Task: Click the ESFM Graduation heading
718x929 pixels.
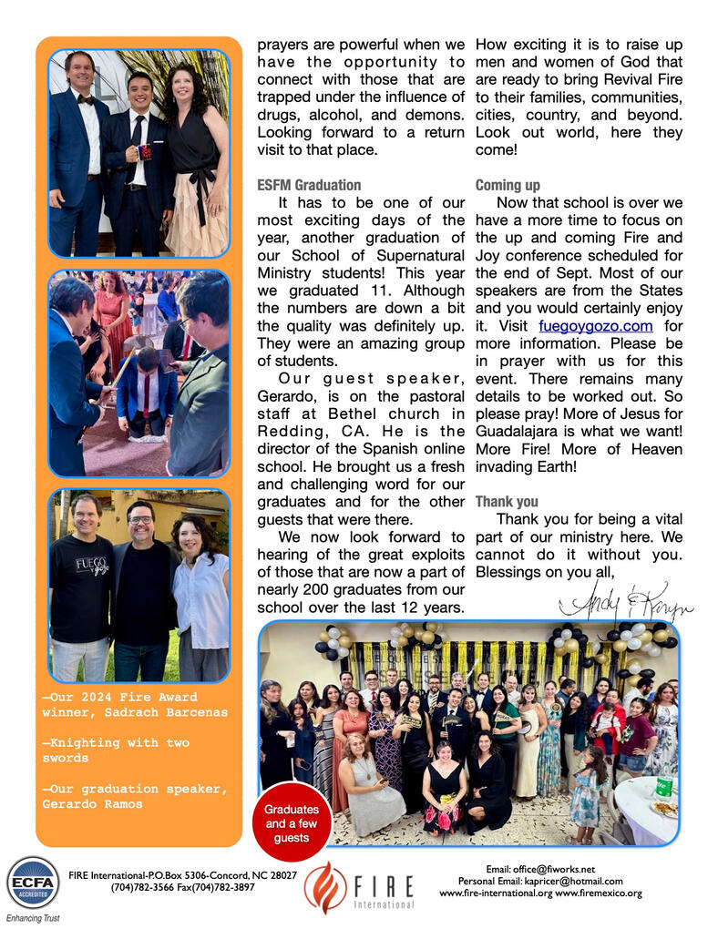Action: click(x=308, y=185)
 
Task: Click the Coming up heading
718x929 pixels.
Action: click(x=508, y=185)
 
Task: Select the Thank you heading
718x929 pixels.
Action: click(x=507, y=502)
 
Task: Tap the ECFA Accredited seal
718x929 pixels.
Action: click(x=32, y=883)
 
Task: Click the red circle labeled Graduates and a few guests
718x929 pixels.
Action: click(x=291, y=823)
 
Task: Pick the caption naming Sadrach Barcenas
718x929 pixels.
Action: click(x=132, y=704)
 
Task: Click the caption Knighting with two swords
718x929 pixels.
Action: click(x=116, y=750)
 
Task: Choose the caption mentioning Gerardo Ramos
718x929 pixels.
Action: click(x=134, y=796)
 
